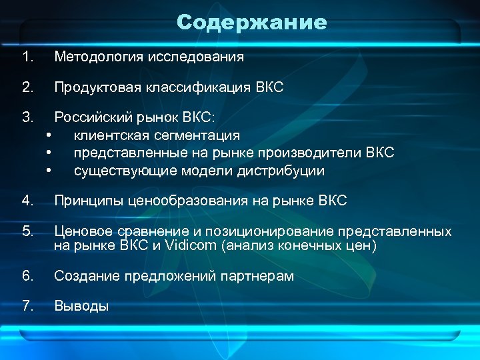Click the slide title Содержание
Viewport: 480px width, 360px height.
coord(252,23)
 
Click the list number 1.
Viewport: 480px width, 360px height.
coord(27,57)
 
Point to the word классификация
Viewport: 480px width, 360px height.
coord(198,87)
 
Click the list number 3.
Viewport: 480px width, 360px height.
coord(27,118)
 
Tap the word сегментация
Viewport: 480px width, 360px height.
coord(197,136)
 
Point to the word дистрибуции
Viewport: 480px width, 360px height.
coord(282,171)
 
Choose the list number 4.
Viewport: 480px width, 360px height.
coord(27,201)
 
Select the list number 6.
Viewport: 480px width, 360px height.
coord(27,276)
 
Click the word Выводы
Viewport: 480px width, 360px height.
coord(81,306)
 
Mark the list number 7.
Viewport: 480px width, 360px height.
coord(27,306)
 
